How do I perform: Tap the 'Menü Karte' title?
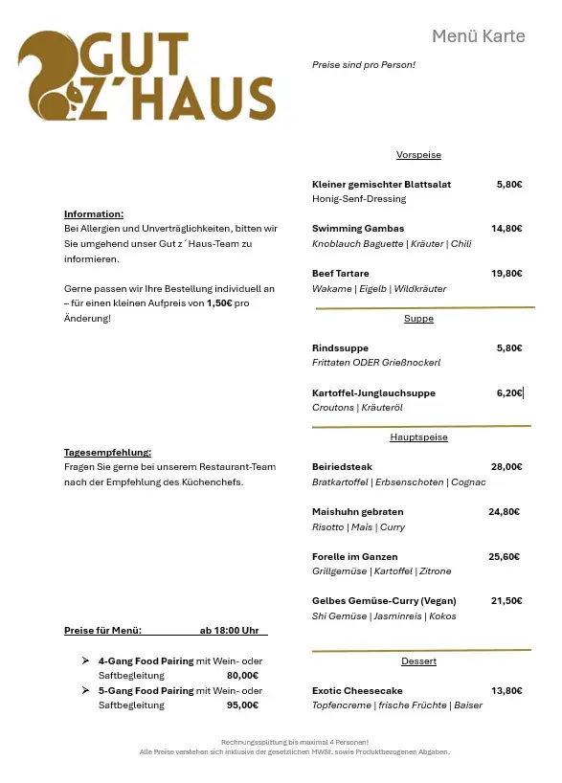point(478,36)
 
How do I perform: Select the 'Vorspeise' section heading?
point(418,155)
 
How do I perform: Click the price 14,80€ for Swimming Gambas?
point(506,229)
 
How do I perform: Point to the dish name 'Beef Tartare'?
point(340,274)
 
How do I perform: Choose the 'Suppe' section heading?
point(418,319)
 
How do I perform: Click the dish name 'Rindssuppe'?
point(340,348)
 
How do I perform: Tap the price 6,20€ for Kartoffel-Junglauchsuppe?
point(509,393)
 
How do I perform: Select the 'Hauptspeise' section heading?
point(418,437)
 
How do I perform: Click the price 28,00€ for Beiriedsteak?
point(506,467)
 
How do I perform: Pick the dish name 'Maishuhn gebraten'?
point(357,512)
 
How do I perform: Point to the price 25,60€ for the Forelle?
point(504,557)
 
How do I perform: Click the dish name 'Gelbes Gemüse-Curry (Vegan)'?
point(384,601)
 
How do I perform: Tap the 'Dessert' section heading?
point(418,661)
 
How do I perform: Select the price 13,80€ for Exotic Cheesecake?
point(506,691)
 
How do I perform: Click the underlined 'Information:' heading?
point(94,214)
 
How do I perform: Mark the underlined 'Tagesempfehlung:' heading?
point(107,453)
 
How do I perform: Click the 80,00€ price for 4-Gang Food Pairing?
point(242,676)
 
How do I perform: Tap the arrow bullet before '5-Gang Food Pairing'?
point(86,691)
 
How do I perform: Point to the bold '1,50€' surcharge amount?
point(219,303)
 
